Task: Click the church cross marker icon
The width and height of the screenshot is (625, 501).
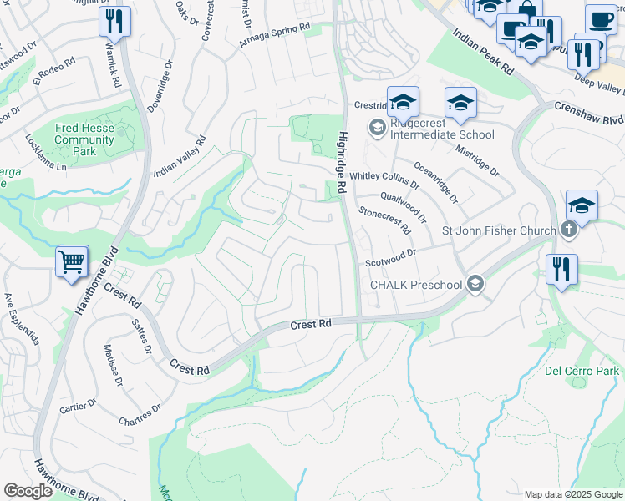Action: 568,231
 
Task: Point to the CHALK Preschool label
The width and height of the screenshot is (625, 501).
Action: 416,285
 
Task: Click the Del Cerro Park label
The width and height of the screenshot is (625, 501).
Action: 582,371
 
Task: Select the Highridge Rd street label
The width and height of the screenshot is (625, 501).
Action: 341,164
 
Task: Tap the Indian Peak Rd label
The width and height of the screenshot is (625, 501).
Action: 483,53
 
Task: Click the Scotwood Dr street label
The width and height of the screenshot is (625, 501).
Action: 390,258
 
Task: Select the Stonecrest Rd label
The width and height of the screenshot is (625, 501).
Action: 384,220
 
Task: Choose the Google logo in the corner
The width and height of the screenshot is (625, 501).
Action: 28,491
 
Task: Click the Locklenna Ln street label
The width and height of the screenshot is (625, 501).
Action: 45,153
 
